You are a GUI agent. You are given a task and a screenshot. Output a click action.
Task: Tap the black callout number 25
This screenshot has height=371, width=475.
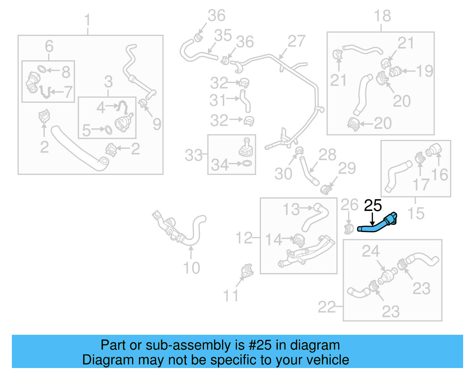coord(373,206)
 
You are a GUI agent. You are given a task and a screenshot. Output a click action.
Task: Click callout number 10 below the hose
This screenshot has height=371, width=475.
coord(191,268)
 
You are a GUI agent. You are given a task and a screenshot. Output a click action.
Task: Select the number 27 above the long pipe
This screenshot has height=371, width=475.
coord(296,41)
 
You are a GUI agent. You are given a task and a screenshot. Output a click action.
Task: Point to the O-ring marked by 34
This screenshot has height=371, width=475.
coord(247,163)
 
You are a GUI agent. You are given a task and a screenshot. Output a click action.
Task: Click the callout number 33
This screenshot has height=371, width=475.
coord(194,155)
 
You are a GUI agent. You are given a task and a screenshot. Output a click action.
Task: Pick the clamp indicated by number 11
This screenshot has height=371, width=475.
coord(247,270)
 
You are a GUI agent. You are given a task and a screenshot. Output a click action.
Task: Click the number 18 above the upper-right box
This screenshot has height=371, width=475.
coord(382,16)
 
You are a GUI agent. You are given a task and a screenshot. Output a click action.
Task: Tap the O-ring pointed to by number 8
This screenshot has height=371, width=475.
coord(42,69)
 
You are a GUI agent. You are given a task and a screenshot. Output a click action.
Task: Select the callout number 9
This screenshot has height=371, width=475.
coord(157,124)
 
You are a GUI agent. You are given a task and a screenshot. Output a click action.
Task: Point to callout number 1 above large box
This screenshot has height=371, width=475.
coord(87,20)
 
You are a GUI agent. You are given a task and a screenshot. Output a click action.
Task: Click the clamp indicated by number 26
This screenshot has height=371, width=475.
coord(349,229)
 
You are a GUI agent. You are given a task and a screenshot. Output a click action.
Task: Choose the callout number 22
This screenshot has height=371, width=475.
coord(327,307)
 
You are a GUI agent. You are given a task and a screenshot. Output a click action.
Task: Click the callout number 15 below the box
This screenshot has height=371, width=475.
coord(416,213)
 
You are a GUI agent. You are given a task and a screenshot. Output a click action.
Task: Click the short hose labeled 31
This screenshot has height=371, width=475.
coord(246,101)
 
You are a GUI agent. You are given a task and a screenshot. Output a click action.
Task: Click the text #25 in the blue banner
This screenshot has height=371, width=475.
coord(260,345)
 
